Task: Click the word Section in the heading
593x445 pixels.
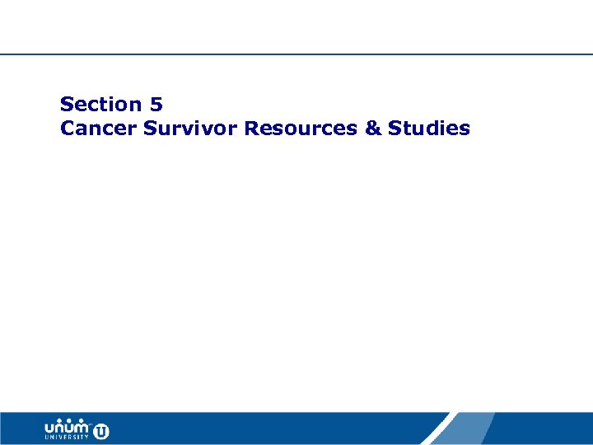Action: point(100,105)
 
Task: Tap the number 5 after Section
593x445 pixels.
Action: point(156,105)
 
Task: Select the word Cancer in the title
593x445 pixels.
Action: point(98,129)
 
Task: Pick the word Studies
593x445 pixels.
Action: point(429,129)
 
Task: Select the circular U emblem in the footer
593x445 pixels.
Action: point(101,430)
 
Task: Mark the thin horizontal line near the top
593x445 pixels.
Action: point(296,54)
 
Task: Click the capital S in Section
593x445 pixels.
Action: point(67,105)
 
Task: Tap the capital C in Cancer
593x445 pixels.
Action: point(68,129)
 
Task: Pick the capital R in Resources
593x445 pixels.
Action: point(251,129)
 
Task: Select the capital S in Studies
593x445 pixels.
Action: point(395,129)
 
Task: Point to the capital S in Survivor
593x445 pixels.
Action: point(150,129)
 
